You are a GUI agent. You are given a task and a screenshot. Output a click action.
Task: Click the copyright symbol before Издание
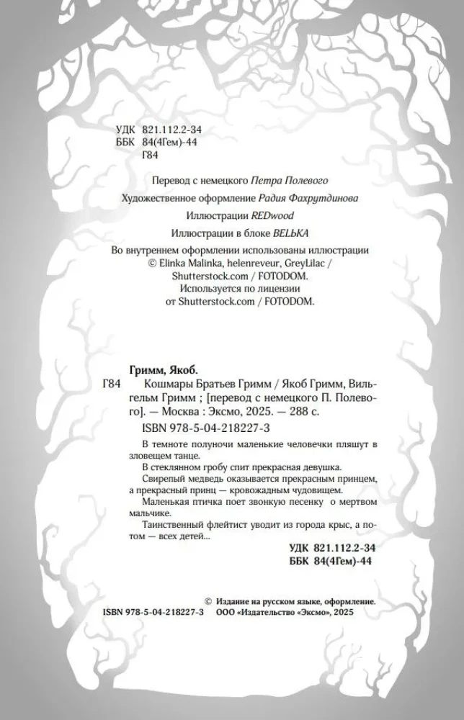pyautogui.click(x=208, y=600)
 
